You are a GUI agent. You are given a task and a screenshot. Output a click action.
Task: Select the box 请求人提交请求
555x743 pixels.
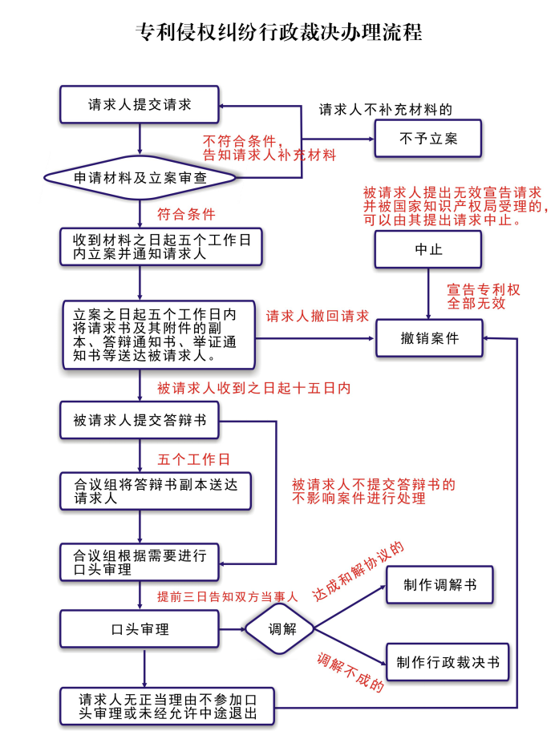[140, 105]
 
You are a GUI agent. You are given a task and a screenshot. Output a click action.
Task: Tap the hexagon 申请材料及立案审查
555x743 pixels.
[140, 177]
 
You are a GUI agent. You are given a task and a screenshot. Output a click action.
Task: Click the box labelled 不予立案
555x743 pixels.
[428, 139]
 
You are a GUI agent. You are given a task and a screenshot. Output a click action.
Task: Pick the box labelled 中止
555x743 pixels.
[428, 249]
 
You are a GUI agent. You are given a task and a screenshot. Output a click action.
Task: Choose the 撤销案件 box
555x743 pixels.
[429, 337]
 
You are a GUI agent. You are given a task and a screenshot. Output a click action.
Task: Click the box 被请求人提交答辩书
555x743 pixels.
[140, 420]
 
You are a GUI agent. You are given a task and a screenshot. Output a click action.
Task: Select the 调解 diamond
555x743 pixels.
[277, 628]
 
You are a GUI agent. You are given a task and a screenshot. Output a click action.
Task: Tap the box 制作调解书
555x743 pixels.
[440, 585]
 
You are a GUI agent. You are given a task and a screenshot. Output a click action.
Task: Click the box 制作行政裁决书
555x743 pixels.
[448, 662]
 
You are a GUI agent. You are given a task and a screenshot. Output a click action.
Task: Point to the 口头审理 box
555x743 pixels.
[140, 629]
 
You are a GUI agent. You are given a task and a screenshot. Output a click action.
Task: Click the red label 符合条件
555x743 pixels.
[186, 214]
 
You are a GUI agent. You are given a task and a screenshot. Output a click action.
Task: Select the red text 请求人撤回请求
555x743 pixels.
[318, 316]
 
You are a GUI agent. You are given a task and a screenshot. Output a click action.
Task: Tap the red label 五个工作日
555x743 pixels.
[193, 459]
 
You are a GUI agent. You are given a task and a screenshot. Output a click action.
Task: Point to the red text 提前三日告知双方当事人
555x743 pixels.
[228, 596]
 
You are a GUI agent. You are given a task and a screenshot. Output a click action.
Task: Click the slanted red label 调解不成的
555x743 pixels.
[350, 673]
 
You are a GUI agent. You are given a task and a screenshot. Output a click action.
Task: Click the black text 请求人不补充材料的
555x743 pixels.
[386, 109]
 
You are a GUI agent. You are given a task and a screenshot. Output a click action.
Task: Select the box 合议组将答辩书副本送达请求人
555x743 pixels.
[140, 491]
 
